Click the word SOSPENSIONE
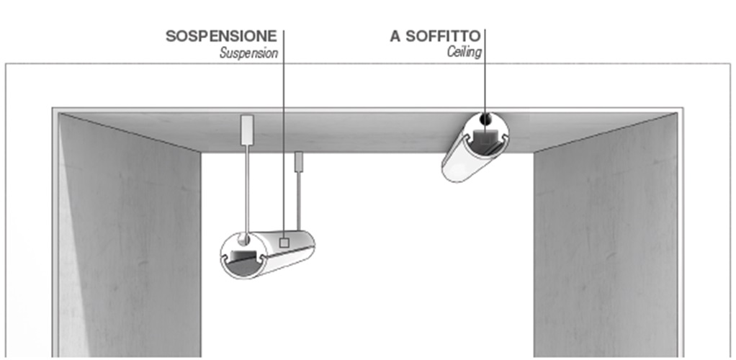click(x=221, y=36)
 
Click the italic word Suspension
click(x=248, y=53)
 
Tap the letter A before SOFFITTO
click(x=395, y=36)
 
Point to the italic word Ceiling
click(x=464, y=53)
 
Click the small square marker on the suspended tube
click(x=284, y=243)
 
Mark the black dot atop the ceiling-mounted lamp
click(x=485, y=118)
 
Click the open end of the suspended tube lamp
click(x=243, y=255)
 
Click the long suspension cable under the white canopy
click(x=246, y=187)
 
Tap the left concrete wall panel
click(x=130, y=238)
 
